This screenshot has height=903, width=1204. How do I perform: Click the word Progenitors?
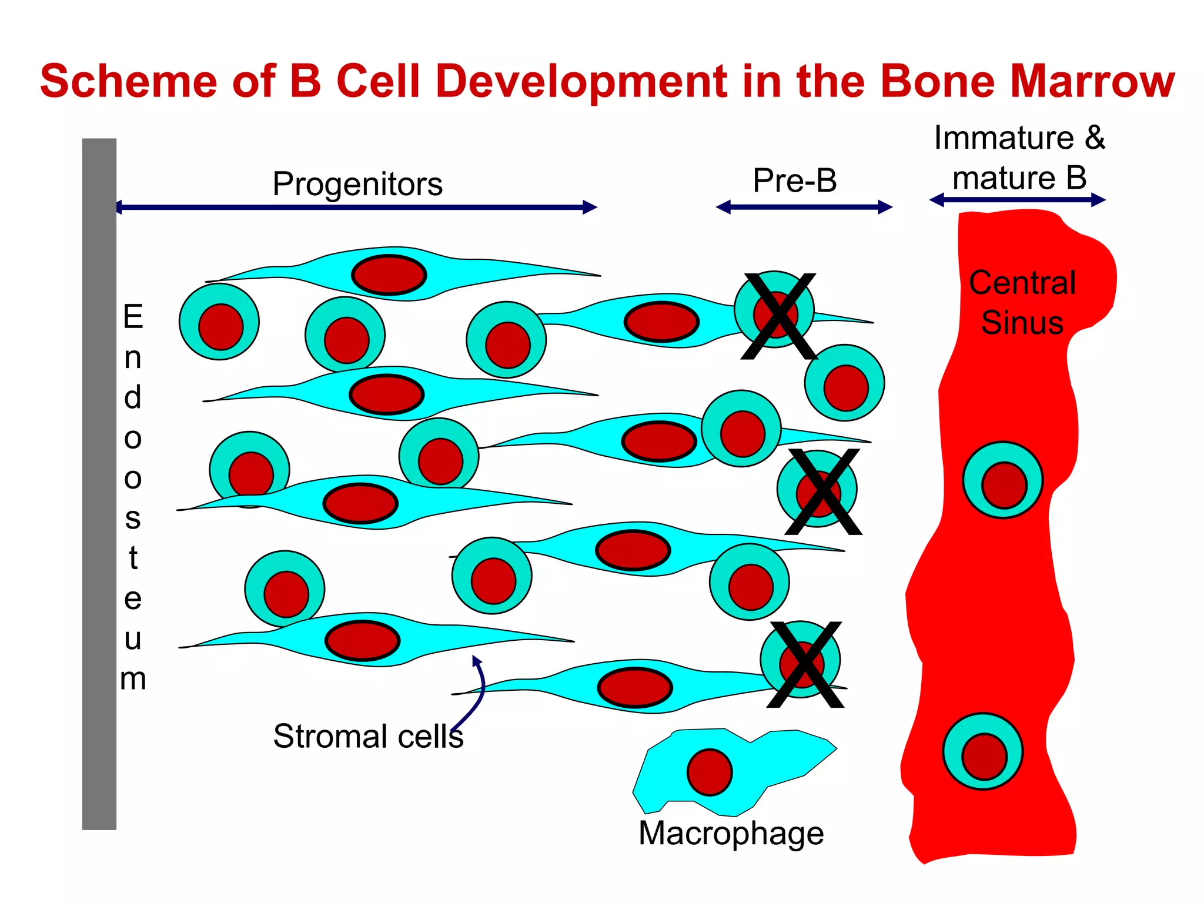(x=357, y=184)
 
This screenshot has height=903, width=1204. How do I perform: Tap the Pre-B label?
(x=795, y=180)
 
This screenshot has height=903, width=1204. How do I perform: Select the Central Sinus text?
(x=1022, y=303)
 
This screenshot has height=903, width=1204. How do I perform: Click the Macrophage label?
(x=731, y=833)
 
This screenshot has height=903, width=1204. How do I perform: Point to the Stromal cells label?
(x=368, y=736)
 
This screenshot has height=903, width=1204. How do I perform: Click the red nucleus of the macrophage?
(x=710, y=772)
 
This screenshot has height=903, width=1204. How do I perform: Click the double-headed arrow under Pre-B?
(x=804, y=207)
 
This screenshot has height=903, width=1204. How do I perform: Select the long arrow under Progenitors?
(x=356, y=207)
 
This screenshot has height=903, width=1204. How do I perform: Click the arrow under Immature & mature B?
(x=1017, y=200)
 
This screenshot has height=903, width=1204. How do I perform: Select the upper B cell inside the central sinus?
(x=1003, y=480)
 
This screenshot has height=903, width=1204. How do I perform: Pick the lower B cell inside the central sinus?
(x=983, y=752)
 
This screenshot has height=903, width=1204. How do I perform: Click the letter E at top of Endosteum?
(x=133, y=317)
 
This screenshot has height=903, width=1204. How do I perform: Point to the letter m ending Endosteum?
(x=133, y=679)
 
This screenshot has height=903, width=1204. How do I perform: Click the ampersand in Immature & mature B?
(x=1095, y=138)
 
